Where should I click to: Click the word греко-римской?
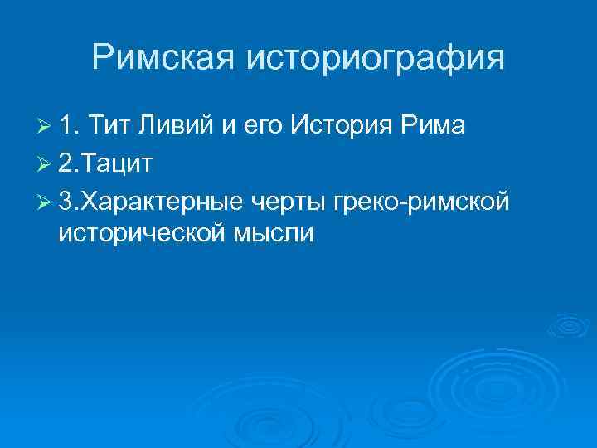pos(430,202)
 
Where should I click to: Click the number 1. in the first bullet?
pos(70,126)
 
